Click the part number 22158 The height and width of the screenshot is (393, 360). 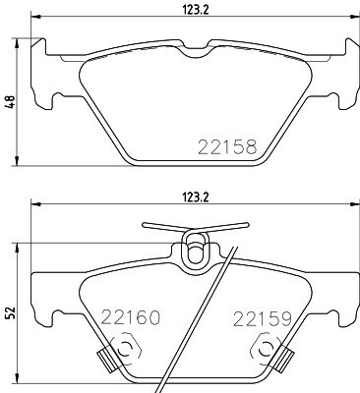(x=227, y=146)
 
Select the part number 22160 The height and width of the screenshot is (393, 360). (x=131, y=317)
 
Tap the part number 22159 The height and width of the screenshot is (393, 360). (x=262, y=318)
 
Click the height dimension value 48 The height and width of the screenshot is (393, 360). (x=11, y=102)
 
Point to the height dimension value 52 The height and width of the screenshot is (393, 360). (x=11, y=313)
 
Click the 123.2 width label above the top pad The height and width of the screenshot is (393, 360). (x=195, y=10)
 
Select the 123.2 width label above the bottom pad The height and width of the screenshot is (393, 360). (x=195, y=197)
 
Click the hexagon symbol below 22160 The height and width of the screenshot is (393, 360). (x=125, y=350)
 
